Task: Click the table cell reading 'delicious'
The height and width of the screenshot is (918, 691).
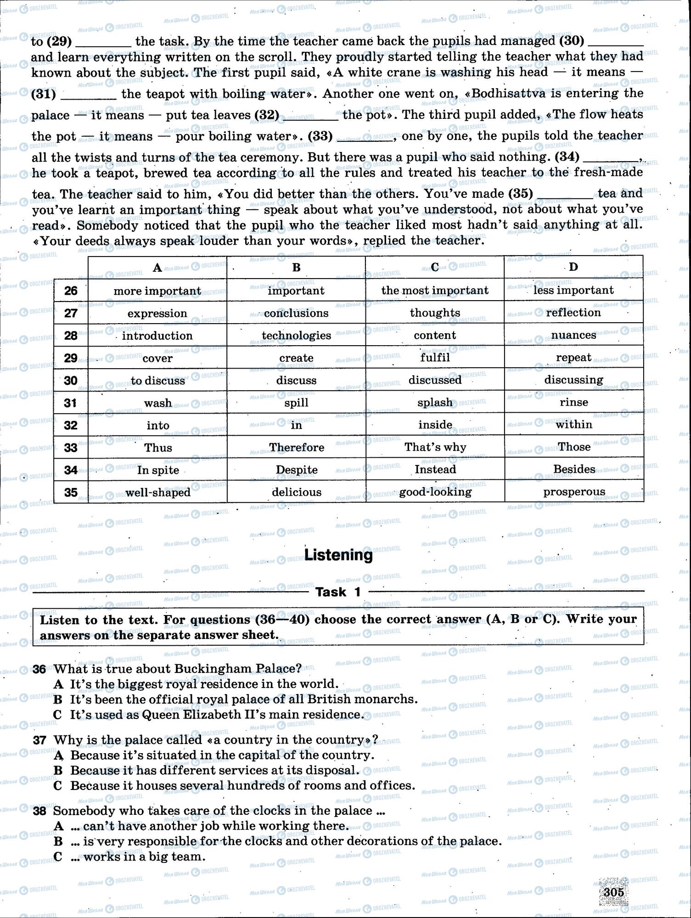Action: click(297, 492)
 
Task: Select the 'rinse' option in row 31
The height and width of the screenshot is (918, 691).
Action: click(574, 403)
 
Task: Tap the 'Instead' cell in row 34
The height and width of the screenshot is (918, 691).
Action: click(435, 470)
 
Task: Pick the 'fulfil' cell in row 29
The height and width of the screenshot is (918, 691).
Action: click(435, 358)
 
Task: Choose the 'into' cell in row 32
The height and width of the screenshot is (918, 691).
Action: click(158, 425)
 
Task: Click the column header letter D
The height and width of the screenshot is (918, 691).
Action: click(573, 267)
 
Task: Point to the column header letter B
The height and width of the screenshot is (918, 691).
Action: click(297, 268)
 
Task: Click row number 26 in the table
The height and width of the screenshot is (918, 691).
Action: click(71, 291)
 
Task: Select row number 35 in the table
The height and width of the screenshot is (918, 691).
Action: click(71, 493)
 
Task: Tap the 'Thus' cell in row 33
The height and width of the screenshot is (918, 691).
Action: click(158, 448)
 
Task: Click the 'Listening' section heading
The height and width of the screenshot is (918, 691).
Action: click(339, 555)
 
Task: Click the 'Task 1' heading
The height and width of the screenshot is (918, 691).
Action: click(338, 592)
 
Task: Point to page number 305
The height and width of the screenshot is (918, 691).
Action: click(614, 892)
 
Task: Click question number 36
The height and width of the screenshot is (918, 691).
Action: click(39, 669)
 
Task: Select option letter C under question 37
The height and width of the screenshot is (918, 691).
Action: click(58, 786)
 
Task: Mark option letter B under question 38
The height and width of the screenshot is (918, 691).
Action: click(58, 841)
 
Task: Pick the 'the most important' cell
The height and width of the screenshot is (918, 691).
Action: click(435, 291)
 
